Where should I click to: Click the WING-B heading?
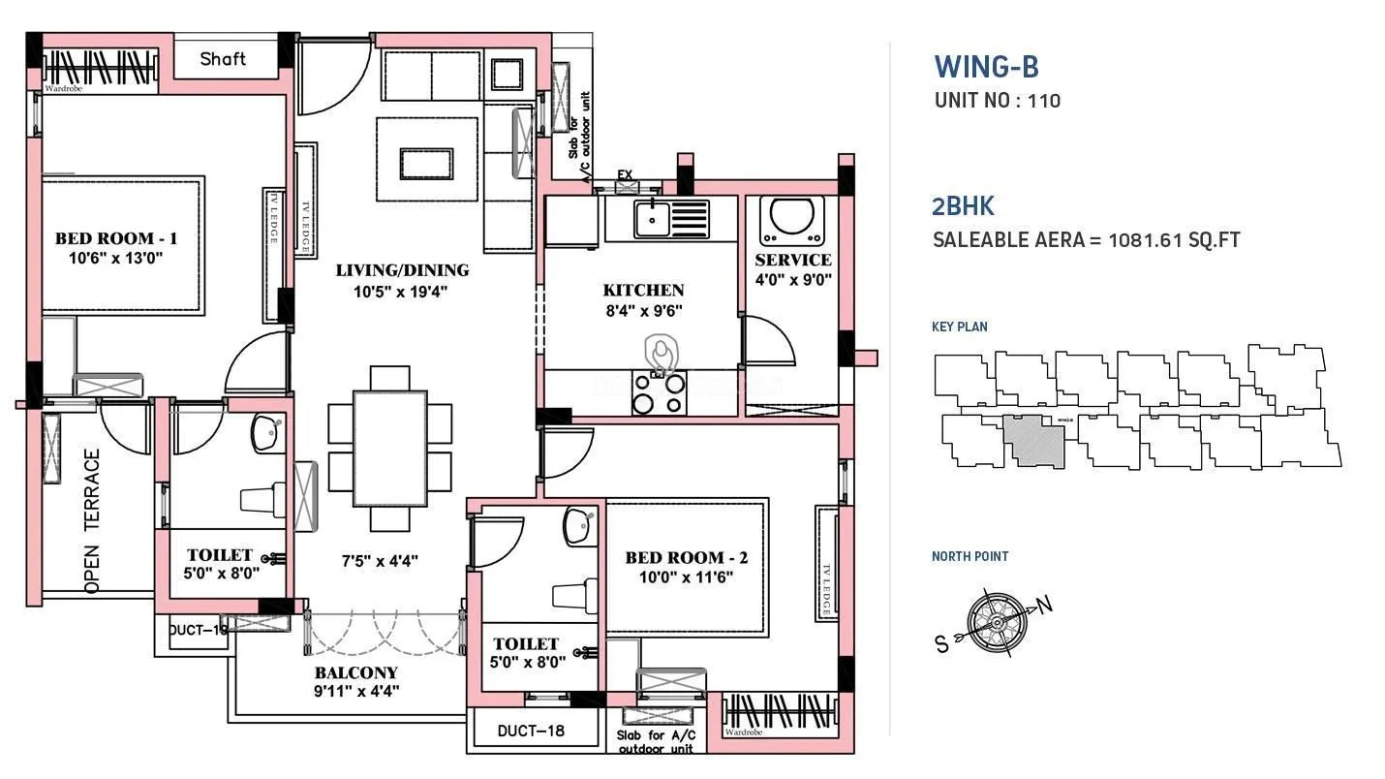pyautogui.click(x=986, y=67)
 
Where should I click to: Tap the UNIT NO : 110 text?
pyautogui.click(x=997, y=101)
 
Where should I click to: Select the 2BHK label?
pyautogui.click(x=963, y=205)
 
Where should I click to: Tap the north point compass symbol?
pyautogui.click(x=992, y=616)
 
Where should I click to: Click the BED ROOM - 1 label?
pyautogui.click(x=115, y=238)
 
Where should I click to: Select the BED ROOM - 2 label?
pyautogui.click(x=686, y=558)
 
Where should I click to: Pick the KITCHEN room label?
pyautogui.click(x=643, y=290)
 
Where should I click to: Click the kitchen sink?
pyautogui.click(x=651, y=219)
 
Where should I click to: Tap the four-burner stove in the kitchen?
pyautogui.click(x=659, y=393)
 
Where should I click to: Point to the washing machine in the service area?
pyautogui.click(x=791, y=219)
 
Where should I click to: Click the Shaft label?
pyautogui.click(x=223, y=59)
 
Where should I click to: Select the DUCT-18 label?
pyautogui.click(x=530, y=731)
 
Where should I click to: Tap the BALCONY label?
pyautogui.click(x=355, y=672)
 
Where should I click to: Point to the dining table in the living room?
pyautogui.click(x=389, y=448)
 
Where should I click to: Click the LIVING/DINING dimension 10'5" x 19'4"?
pyautogui.click(x=402, y=291)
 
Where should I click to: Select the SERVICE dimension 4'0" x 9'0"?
pyautogui.click(x=792, y=280)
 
